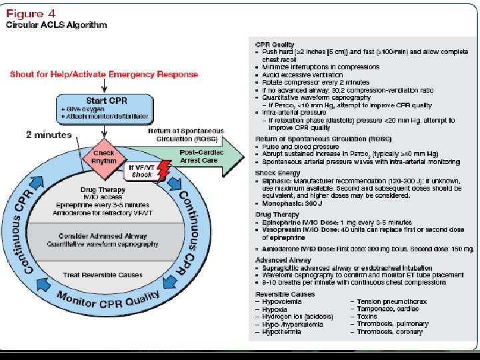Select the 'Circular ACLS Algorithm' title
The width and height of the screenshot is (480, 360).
(x=57, y=25)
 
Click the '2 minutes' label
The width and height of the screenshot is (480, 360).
(x=49, y=135)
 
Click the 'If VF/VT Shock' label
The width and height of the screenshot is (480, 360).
(x=142, y=171)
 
